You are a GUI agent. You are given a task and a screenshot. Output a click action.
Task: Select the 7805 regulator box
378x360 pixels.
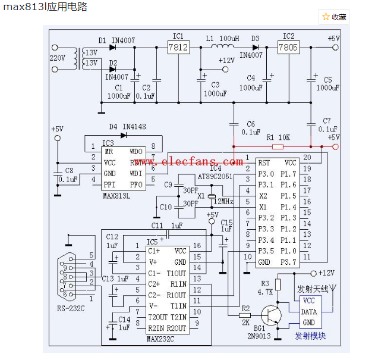pos(288,46)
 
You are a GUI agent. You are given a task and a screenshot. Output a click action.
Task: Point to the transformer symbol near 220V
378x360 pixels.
pos(75,58)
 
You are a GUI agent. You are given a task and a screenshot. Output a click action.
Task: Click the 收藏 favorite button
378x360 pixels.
pos(334,17)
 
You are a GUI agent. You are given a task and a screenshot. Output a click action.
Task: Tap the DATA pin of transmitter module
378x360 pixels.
pos(309,311)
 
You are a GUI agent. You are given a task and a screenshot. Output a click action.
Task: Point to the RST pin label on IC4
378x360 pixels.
pos(264,162)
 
